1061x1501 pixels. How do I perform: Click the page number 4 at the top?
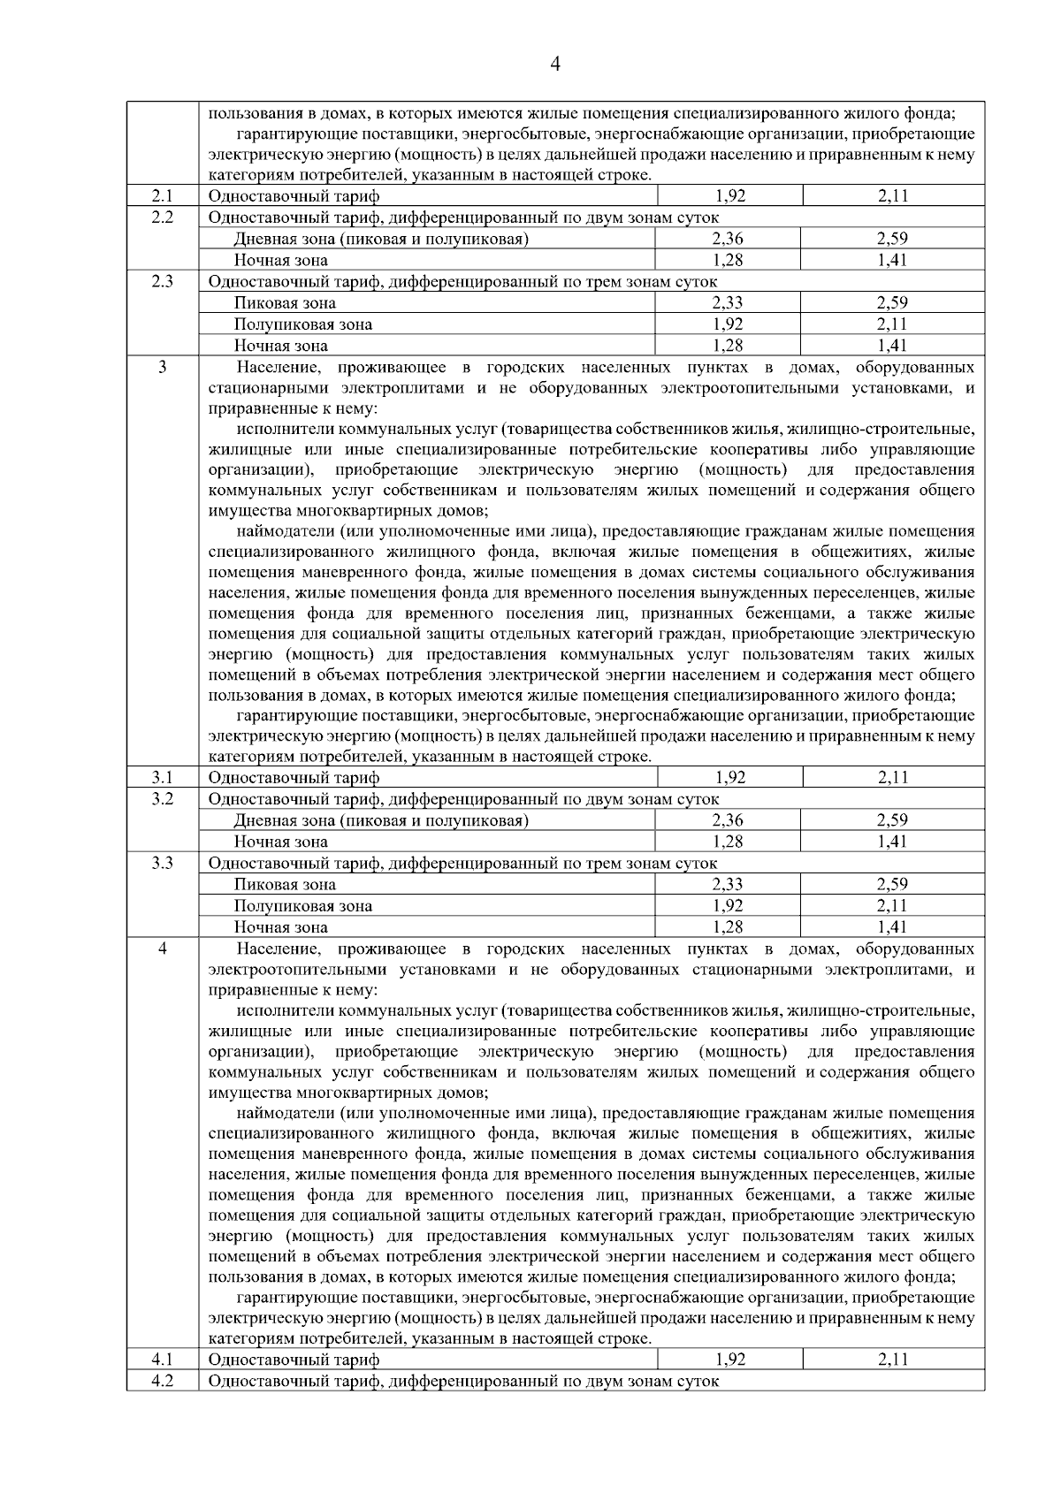tap(555, 64)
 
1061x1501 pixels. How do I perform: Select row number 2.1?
tap(162, 196)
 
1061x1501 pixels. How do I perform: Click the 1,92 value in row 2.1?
tap(730, 196)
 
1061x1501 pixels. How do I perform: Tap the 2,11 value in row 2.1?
tap(893, 196)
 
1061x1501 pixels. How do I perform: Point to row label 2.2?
tap(162, 217)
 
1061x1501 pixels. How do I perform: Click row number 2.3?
tap(162, 281)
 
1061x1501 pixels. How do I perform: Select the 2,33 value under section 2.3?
tap(728, 302)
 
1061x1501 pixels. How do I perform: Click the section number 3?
tap(162, 367)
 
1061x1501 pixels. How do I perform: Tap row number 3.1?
tap(162, 777)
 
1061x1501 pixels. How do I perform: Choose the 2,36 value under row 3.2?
tap(728, 819)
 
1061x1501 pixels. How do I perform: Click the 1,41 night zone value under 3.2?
tap(893, 842)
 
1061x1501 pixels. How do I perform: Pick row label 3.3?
tap(162, 862)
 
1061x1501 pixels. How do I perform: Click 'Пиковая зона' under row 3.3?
tap(285, 884)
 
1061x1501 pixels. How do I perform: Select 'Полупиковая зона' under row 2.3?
tap(303, 324)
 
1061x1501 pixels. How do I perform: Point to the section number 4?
tap(162, 949)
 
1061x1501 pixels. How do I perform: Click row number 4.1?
tap(162, 1359)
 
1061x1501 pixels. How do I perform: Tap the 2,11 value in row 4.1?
tap(893, 1359)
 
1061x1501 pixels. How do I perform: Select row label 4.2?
tap(162, 1380)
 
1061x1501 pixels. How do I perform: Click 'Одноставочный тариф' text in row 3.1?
tap(294, 778)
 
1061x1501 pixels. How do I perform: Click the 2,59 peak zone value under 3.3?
tap(893, 884)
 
